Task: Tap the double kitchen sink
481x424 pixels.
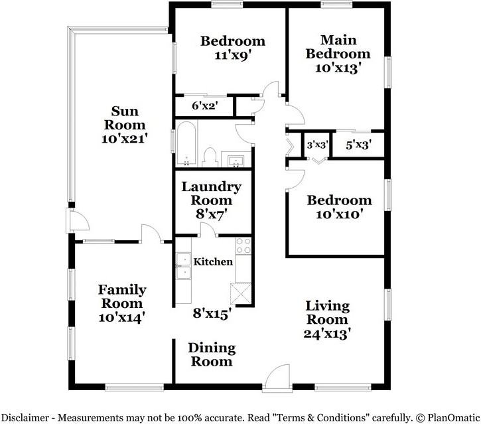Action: point(182,269)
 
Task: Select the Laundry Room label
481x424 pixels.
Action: point(212,193)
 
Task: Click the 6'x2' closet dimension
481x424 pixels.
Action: point(204,105)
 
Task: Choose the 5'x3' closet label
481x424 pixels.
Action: point(358,143)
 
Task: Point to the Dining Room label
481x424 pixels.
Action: point(211,354)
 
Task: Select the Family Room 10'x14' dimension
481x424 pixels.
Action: point(122,317)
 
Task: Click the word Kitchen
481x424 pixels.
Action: point(213,261)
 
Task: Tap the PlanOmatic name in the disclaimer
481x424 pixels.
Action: point(451,416)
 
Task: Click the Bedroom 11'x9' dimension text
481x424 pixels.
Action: point(233,55)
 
